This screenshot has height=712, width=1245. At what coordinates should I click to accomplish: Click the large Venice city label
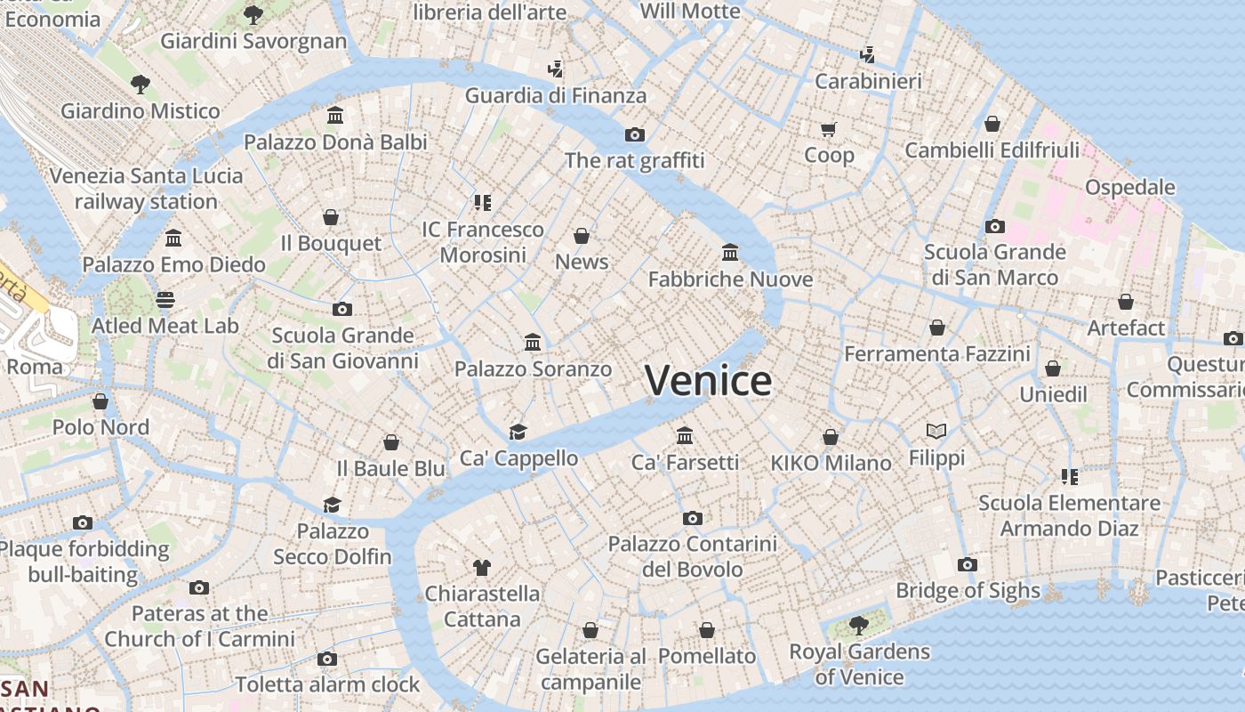708,381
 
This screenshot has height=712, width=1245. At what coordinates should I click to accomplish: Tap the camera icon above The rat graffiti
634,135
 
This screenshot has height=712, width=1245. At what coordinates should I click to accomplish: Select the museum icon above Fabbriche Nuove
730,253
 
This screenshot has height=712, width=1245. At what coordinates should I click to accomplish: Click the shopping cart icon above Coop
829,130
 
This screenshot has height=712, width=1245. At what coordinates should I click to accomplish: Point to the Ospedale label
1129,188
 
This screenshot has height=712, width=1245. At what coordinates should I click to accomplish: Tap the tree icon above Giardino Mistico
140,85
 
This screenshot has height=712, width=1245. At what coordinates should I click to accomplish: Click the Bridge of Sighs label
968,590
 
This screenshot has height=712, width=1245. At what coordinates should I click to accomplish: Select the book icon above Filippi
936,432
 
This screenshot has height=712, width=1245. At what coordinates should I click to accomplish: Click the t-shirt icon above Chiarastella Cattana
482,567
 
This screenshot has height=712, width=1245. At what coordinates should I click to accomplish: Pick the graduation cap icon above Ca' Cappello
518,433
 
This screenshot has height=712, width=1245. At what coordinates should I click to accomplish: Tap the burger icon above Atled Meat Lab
165,300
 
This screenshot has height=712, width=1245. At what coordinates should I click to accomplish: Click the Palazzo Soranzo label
533,368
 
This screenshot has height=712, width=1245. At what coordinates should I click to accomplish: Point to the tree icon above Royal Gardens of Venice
858,626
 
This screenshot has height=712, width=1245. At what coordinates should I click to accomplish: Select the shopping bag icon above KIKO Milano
831,437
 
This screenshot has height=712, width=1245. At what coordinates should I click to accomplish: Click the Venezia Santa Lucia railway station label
146,189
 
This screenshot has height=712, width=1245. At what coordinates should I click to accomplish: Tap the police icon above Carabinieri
868,55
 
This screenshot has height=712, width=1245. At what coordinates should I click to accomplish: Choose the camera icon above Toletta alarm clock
326,659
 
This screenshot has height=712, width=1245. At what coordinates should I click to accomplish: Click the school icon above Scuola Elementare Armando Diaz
1069,477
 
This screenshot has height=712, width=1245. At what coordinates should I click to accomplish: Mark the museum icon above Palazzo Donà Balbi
335,116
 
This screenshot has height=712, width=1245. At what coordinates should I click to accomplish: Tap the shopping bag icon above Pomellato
707,630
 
